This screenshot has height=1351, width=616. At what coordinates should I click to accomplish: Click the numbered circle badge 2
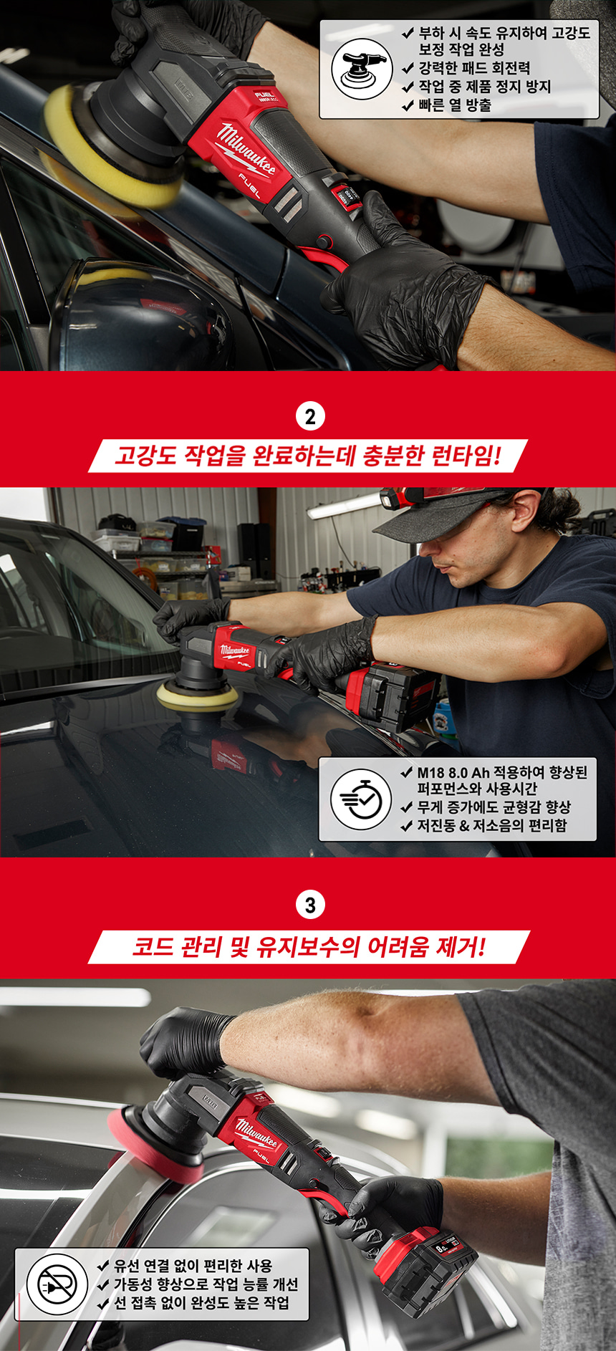pos(310,417)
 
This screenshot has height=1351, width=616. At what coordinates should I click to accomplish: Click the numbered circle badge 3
pos(310,905)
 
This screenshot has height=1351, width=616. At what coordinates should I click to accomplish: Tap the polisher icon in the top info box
pos(362,69)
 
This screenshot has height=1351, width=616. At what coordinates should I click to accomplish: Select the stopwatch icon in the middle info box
pos(361,799)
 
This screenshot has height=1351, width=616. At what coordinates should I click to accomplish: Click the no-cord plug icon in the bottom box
pos(57,1284)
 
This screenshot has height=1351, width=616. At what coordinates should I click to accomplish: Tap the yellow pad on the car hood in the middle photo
pos(198,696)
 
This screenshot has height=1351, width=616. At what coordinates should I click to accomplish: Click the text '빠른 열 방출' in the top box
pos(456,105)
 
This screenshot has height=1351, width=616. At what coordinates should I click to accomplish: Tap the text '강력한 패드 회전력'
pos(474,68)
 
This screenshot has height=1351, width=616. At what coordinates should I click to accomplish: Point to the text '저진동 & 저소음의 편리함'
pos(492,825)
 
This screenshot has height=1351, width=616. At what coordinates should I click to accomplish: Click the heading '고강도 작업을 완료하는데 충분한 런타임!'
pos(308,456)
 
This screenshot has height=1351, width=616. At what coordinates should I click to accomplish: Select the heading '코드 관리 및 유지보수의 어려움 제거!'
pos(309,947)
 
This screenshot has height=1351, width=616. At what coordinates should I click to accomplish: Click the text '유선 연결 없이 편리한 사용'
pos(193,1266)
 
